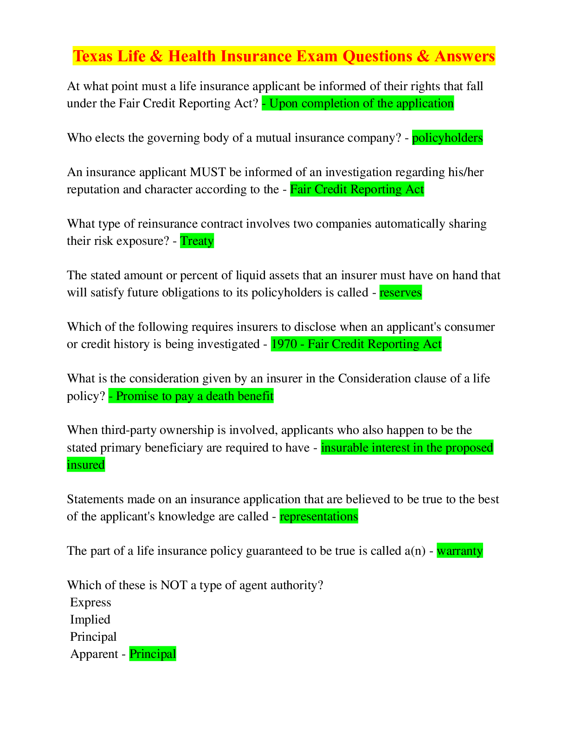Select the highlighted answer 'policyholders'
tap(447, 138)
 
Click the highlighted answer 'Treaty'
tap(197, 241)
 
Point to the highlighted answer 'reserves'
tap(400, 293)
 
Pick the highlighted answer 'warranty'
tap(459, 551)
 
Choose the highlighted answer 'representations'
tap(318, 517)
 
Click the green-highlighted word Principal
tap(153, 654)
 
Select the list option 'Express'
tap(90, 603)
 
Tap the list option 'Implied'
tap(90, 620)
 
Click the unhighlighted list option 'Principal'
tap(93, 637)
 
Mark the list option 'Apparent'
tap(94, 654)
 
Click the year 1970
tap(284, 344)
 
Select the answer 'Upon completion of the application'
tap(361, 104)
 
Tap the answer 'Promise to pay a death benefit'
tap(194, 396)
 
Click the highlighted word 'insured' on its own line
tap(86, 465)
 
